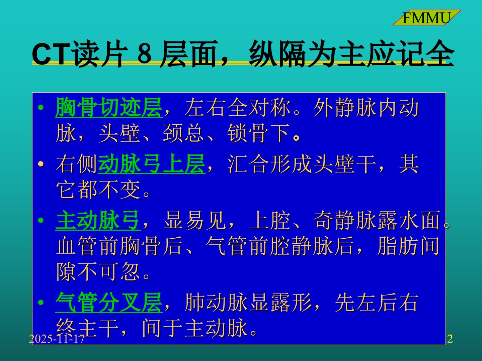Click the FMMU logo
point(426,17)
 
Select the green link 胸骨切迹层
point(109,107)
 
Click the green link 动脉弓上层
point(152,164)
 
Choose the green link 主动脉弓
point(98,220)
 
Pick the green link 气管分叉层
point(109,302)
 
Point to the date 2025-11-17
point(57,339)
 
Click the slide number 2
point(450,339)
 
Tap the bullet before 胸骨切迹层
point(41,108)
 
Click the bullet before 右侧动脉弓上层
point(41,164)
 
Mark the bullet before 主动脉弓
point(41,220)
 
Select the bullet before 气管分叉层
point(41,303)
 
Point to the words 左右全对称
point(238,107)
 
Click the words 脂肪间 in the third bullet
point(408,246)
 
